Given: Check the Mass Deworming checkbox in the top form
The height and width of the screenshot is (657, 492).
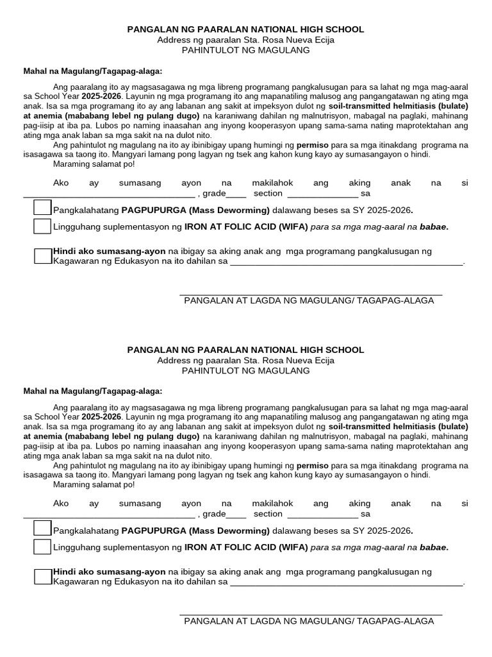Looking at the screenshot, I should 42,208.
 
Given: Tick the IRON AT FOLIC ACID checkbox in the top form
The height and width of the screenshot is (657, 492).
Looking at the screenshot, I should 42,226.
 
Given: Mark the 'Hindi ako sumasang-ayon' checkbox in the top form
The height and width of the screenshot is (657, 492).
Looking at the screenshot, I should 42,256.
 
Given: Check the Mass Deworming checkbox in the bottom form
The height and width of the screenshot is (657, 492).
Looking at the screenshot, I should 42,529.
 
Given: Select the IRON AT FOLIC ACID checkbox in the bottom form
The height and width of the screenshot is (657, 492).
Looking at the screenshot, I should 42,547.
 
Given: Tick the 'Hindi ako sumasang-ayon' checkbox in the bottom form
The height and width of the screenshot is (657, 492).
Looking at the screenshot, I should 42,577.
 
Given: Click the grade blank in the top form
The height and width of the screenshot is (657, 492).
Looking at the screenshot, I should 236,194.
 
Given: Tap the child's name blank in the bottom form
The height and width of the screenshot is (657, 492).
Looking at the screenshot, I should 108,515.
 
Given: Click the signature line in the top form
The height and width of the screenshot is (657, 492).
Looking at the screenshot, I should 311,294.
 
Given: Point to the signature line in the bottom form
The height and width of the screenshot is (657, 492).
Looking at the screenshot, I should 311,615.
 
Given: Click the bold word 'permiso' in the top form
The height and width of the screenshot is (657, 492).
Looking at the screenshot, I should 313,145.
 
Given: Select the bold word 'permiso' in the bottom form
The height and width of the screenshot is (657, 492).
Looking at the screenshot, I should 313,466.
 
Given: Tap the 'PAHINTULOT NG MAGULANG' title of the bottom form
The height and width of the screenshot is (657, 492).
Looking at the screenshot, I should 246,371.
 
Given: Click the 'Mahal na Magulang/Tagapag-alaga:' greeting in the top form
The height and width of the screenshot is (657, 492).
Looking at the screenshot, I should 93,71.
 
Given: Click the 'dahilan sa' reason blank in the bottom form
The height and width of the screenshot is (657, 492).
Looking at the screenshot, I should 346,583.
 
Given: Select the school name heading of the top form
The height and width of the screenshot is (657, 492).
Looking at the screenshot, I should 246,30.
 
